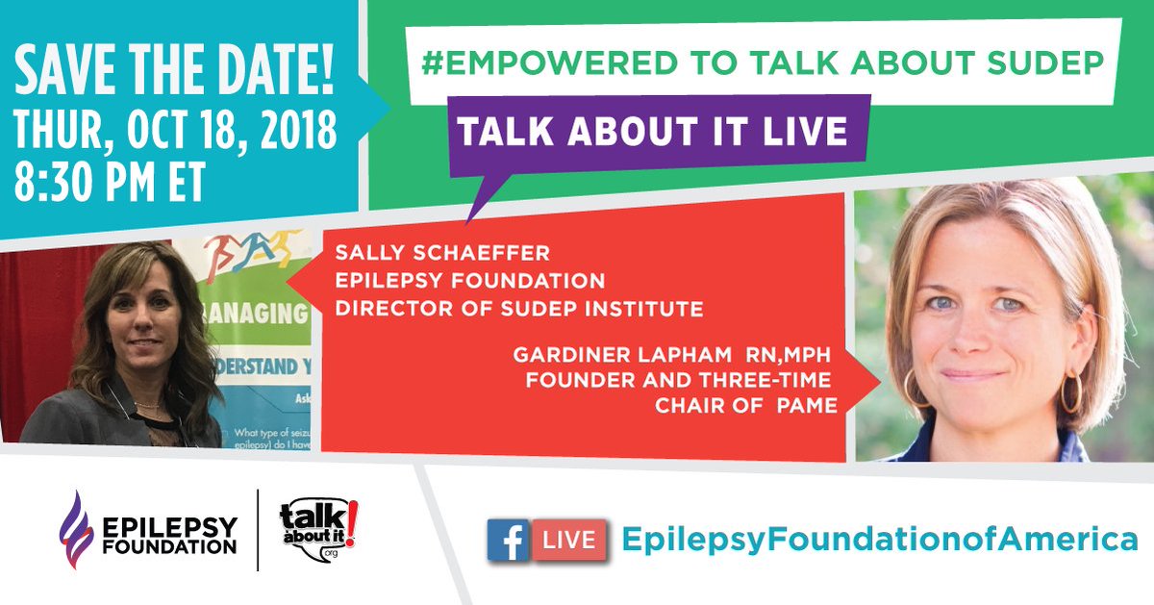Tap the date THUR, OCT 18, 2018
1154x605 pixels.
175,131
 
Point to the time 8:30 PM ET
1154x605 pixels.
110,182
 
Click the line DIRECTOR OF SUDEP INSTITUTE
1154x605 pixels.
518,309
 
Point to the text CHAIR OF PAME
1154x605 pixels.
746,406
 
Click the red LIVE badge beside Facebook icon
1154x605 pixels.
571,540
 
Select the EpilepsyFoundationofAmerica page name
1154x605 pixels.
879,539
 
